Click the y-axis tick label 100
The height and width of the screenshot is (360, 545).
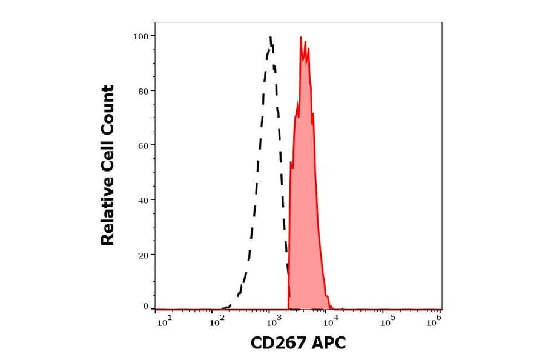pos(140,36)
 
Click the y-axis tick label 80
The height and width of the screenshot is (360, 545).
pos(143,91)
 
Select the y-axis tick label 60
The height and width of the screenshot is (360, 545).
pos(143,145)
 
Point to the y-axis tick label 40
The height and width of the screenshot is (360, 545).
pos(143,200)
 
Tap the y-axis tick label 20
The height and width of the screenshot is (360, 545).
pos(143,255)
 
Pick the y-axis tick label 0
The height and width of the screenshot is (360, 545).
pos(145,307)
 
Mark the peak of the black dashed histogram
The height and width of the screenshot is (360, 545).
pos(271,37)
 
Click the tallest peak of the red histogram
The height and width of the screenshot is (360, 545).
pos(301,38)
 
